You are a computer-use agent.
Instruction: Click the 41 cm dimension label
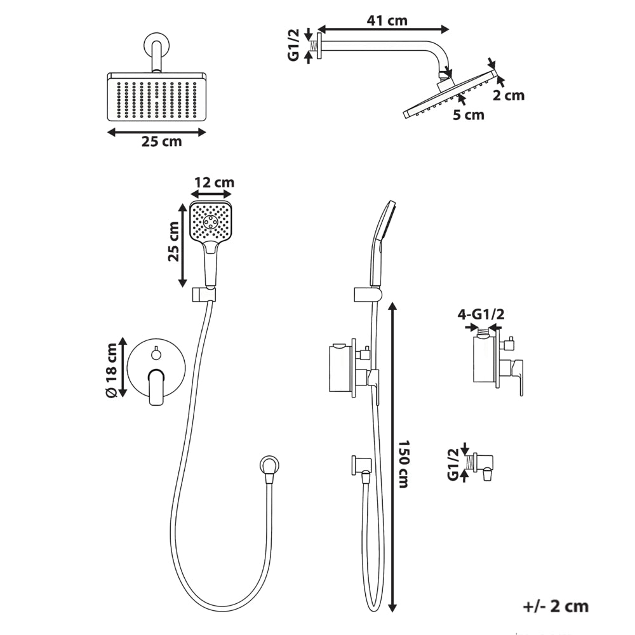coord(387,20)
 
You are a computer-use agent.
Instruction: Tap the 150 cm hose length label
coord(403,464)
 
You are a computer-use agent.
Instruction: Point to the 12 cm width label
coord(214,182)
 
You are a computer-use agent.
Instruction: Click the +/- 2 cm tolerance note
coord(555,606)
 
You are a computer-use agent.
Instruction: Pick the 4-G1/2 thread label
coord(481,315)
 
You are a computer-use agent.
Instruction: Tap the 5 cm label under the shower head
coord(469,115)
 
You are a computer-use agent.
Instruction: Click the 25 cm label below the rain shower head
coord(161,142)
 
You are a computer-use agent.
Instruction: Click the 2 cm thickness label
coord(508,96)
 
